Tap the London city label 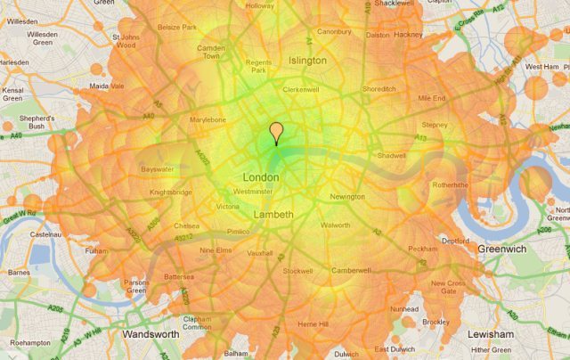pos(261,177)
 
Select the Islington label pos(307,60)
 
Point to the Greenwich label pos(504,250)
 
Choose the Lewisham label pos(492,334)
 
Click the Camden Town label pos(211,51)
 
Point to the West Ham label pos(541,67)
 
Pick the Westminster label pos(253,192)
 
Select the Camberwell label pos(351,269)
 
